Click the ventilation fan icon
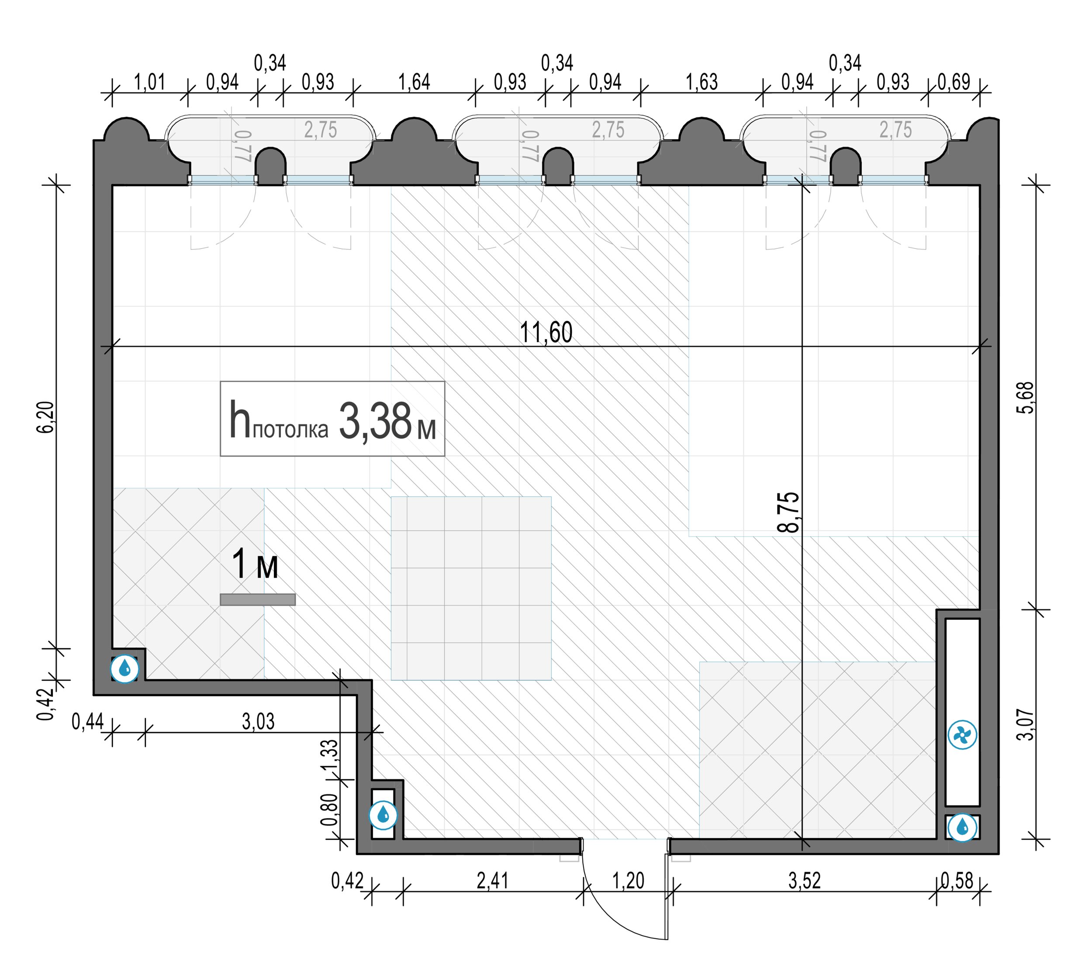(x=962, y=735)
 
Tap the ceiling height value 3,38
(x=375, y=421)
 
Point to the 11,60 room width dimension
(x=546, y=332)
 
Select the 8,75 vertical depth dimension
(x=788, y=512)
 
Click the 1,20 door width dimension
(x=628, y=881)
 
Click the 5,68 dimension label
(x=1025, y=397)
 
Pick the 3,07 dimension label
(x=1025, y=724)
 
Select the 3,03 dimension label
(x=258, y=722)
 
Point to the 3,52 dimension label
(x=804, y=881)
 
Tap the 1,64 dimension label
(x=414, y=82)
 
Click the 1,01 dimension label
(x=149, y=82)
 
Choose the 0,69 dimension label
(x=954, y=82)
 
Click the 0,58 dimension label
(x=957, y=881)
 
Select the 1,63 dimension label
(x=702, y=82)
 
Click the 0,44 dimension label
(x=88, y=722)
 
